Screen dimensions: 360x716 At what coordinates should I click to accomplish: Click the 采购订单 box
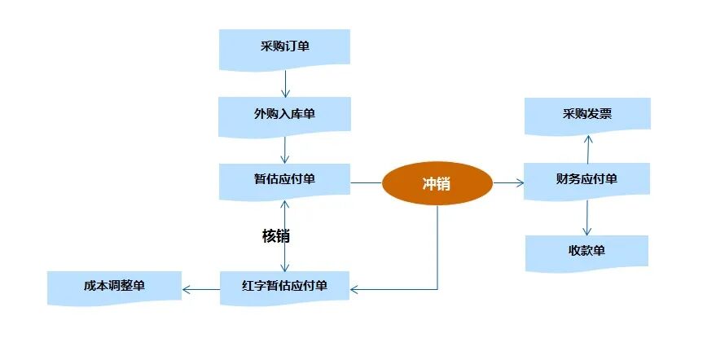284,46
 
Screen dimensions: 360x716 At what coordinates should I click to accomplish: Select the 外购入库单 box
284,114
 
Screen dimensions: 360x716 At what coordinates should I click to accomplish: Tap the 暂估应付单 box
284,180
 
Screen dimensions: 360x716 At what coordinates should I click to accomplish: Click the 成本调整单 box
114,287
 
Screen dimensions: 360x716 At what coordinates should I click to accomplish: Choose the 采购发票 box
586,114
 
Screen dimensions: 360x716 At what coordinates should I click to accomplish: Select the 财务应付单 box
586,179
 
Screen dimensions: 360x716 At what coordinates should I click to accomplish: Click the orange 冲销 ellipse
437,184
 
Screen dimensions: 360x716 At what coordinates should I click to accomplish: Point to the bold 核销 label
275,236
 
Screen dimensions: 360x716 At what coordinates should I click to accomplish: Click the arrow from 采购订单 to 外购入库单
285,81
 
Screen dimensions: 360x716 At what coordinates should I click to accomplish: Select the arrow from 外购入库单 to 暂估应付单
285,148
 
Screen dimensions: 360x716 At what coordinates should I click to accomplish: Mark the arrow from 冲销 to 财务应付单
508,183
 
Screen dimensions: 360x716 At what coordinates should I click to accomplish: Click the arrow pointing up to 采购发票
587,148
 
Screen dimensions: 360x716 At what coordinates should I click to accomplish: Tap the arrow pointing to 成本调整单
201,288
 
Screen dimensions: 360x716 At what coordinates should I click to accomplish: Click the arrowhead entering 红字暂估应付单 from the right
355,289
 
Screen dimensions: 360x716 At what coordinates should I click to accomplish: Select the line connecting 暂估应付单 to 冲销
366,183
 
